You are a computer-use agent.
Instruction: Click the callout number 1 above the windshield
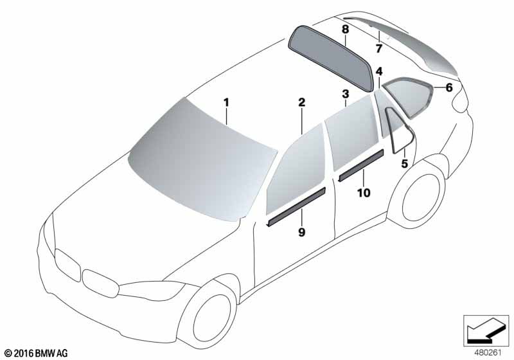[x=226, y=103]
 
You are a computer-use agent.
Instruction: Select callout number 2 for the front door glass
[x=301, y=102]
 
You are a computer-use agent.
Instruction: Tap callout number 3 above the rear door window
[x=346, y=94]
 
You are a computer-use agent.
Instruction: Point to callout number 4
[x=379, y=71]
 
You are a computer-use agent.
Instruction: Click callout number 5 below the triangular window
[x=405, y=163]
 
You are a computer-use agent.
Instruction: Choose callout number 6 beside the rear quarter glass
[x=449, y=87]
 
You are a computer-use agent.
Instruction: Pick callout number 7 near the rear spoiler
[x=379, y=49]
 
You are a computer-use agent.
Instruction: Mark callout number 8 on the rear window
[x=345, y=30]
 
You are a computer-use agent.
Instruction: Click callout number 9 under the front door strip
[x=301, y=232]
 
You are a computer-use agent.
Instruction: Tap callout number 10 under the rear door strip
[x=364, y=193]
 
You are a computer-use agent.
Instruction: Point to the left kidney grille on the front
[x=67, y=265]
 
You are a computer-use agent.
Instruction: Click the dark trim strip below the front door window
[x=296, y=206]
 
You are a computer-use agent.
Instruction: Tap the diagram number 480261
[x=488, y=353]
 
